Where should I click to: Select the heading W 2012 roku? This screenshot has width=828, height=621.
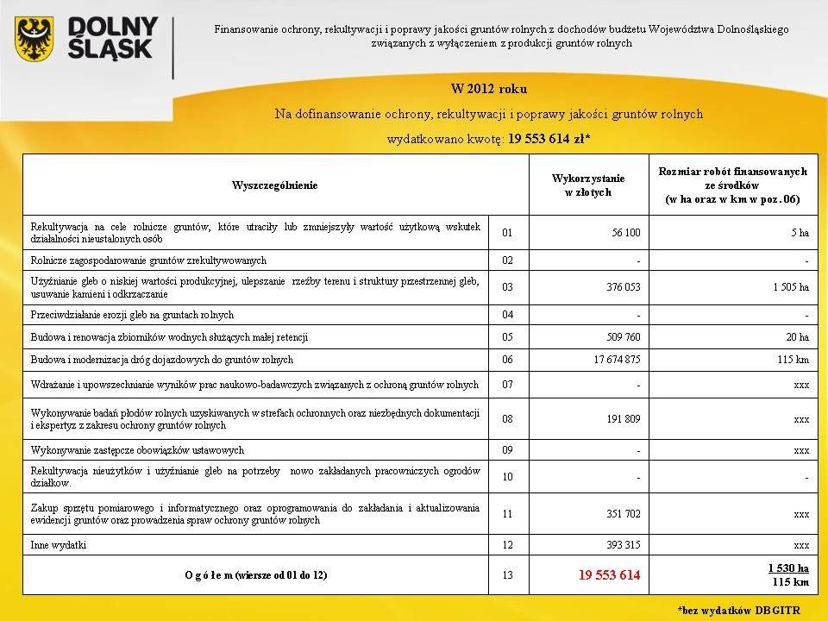(490, 88)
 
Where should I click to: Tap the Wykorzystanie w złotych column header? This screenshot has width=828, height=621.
(588, 185)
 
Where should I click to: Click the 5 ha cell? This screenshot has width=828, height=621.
(798, 231)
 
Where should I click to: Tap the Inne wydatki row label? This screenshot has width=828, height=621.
(58, 545)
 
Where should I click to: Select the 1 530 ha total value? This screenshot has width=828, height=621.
(788, 568)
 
